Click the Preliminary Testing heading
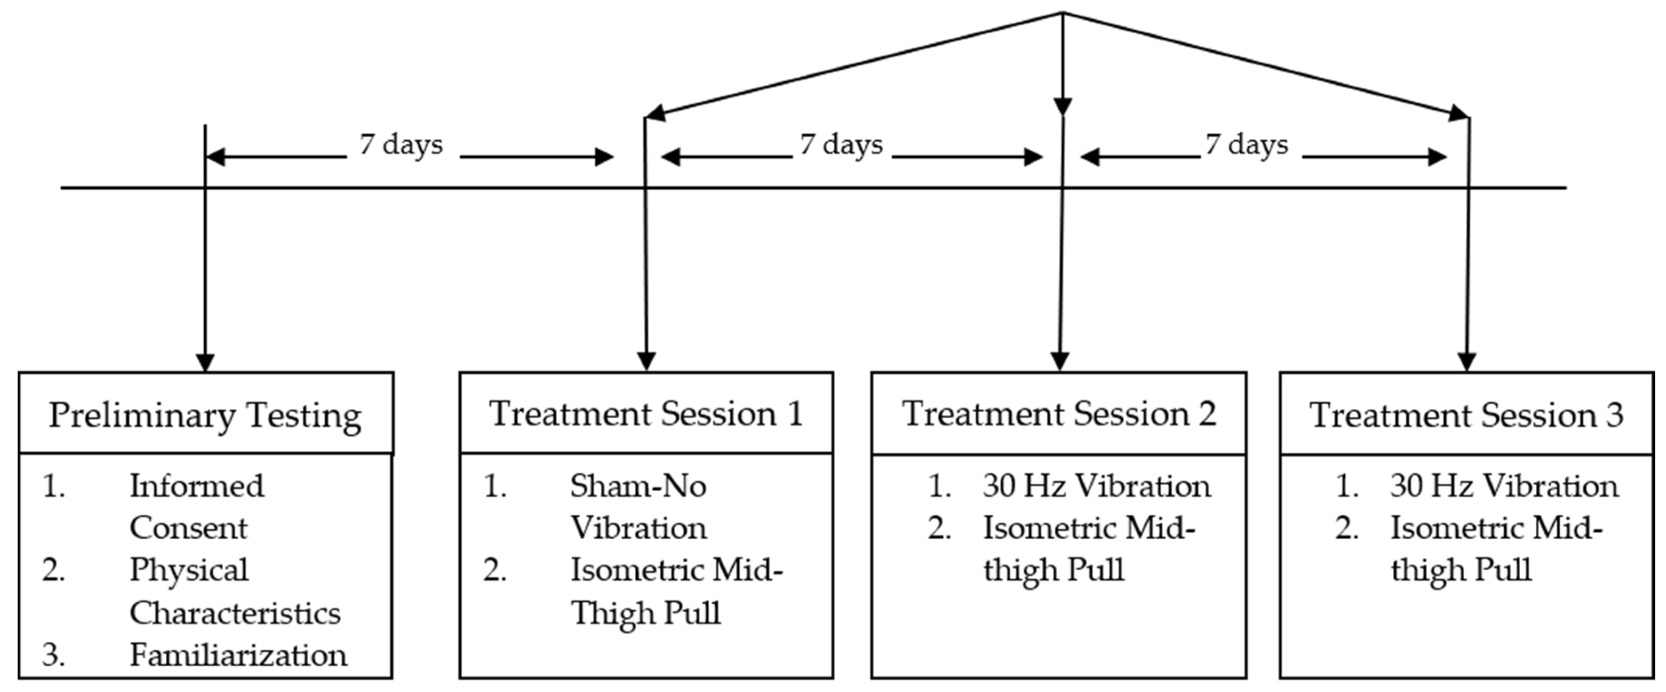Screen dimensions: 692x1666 pos(205,414)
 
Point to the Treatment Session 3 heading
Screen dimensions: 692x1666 pos(1466,414)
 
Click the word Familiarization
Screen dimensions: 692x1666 pos(238,655)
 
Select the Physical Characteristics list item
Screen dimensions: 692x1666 pos(234,591)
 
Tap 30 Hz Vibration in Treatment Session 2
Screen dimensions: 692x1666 pos(1096,486)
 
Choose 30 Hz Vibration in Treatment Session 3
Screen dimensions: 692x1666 pos(1504,486)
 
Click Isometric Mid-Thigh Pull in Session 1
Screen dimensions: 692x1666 pos(676,591)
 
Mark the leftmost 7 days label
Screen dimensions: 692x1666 pos(401,144)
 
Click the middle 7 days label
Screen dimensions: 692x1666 pos(841,144)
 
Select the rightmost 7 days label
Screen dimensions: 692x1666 pos(1246,144)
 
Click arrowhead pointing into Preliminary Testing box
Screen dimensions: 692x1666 pos(205,362)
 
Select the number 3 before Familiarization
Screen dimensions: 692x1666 pos(53,655)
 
